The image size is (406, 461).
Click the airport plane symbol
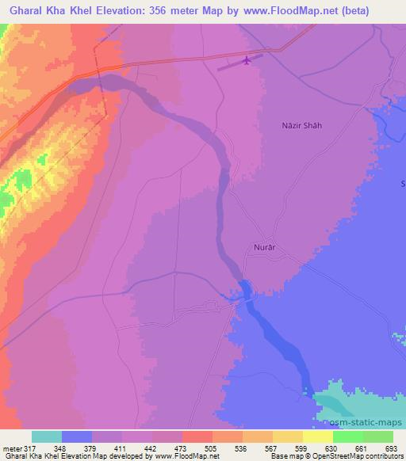tap(247, 60)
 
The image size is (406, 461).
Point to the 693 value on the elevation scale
tap(389, 449)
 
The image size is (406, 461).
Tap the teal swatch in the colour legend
tap(47, 436)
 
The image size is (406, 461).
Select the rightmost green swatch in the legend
tap(378, 436)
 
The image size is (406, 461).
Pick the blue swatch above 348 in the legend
tap(77, 436)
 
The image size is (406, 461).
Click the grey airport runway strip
tap(230, 66)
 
